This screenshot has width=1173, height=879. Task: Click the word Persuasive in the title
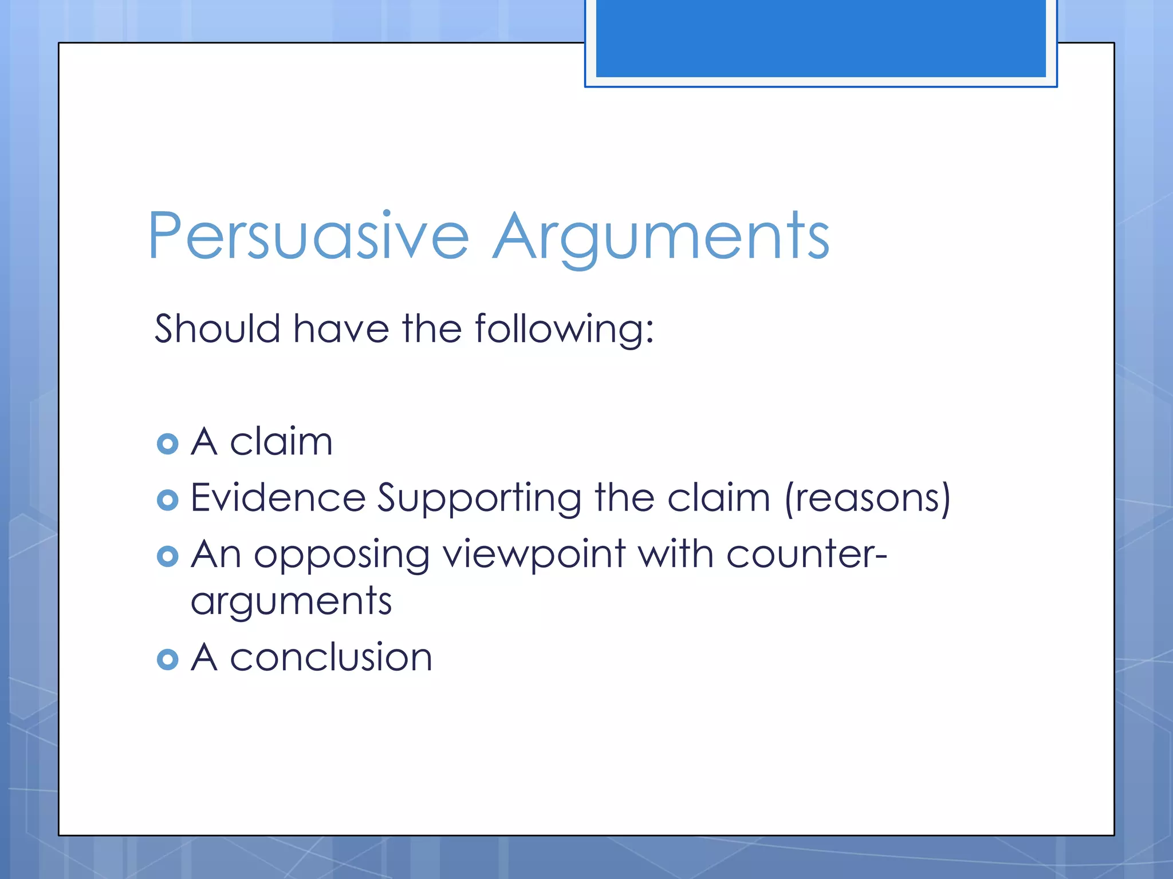coord(308,236)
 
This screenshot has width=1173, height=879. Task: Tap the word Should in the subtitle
coord(217,329)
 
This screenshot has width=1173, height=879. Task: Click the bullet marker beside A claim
coord(167,444)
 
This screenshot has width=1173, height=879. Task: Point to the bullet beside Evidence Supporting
coord(167,500)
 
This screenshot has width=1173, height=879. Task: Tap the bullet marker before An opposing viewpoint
coord(167,556)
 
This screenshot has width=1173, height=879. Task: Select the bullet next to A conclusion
coord(167,659)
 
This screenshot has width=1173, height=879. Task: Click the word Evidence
coord(278,497)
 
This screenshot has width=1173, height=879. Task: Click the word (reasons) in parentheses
coord(867,498)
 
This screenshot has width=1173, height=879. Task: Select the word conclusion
coord(330,657)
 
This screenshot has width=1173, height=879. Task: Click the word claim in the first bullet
coord(281,442)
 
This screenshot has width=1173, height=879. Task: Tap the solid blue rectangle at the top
coord(820,38)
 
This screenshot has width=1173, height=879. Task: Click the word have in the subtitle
coord(341,329)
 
